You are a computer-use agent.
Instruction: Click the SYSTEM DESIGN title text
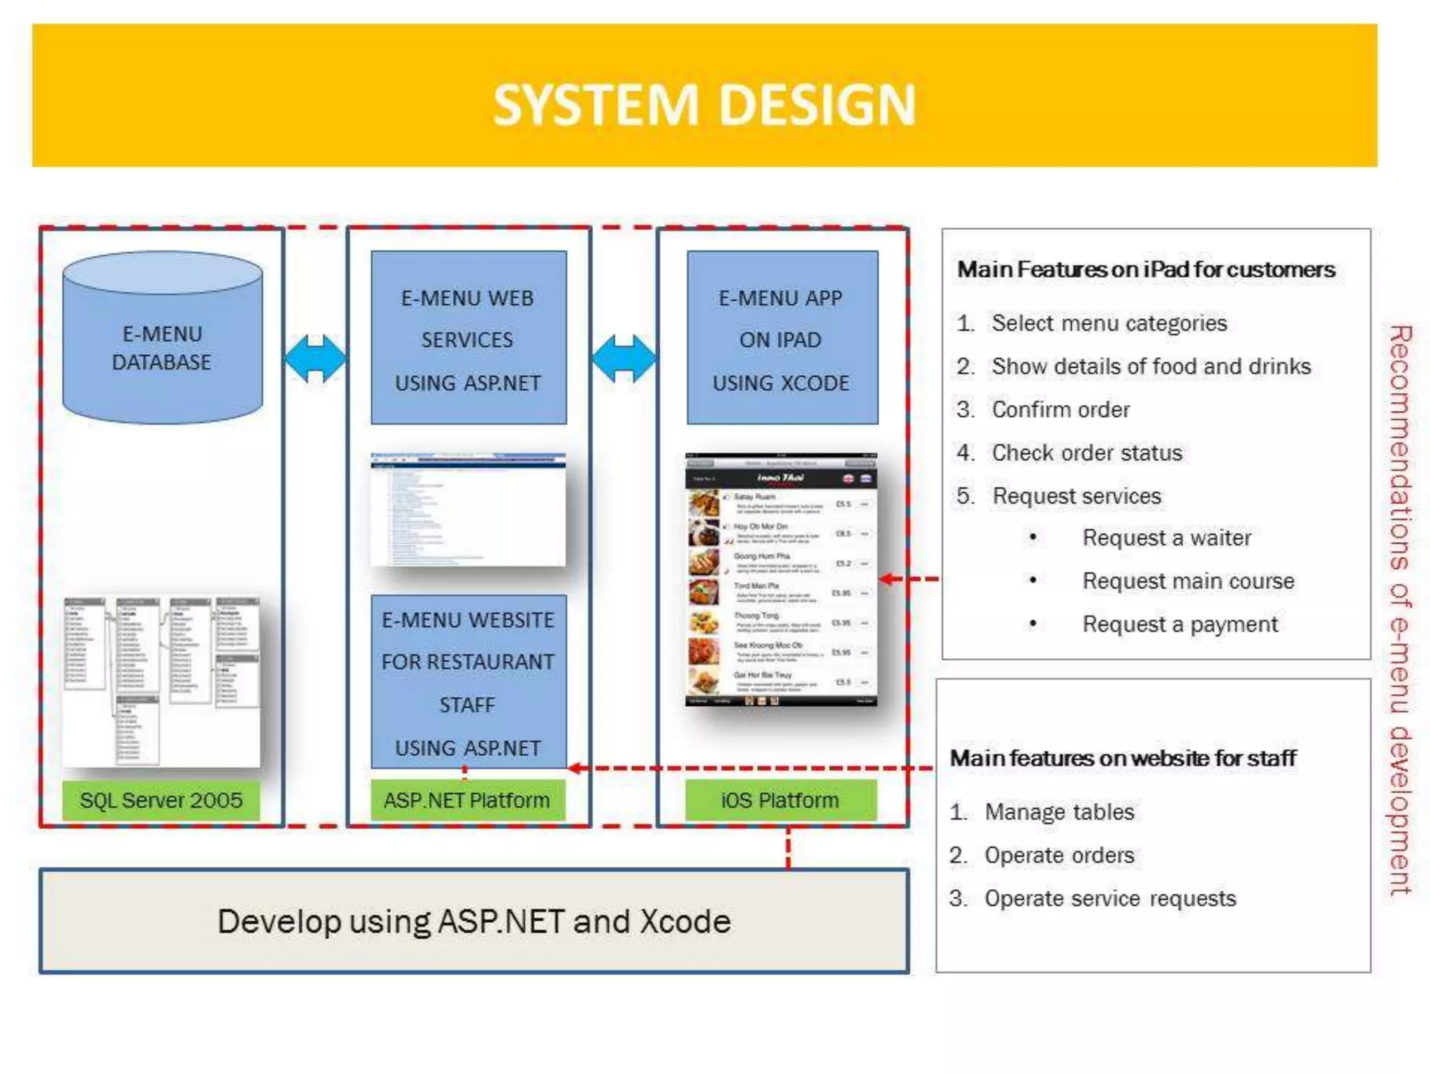(704, 105)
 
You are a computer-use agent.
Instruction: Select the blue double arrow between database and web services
(315, 358)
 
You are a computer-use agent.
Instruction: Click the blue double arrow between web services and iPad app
(624, 358)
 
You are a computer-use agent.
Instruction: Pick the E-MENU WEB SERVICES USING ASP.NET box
(469, 338)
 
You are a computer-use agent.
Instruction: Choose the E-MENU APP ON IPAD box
(782, 338)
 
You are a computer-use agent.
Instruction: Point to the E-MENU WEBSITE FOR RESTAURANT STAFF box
(469, 682)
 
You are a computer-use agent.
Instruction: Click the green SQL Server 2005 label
(161, 801)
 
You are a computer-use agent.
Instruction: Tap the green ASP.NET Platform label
(467, 801)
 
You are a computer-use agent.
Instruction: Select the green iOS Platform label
(780, 801)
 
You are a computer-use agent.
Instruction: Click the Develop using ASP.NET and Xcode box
(474, 921)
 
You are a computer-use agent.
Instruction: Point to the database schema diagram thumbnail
(161, 681)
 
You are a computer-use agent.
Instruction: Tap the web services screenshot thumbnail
(469, 509)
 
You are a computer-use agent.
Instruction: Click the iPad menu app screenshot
(781, 580)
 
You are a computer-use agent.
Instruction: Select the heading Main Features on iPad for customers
(1146, 270)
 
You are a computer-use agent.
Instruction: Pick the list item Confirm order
(1060, 409)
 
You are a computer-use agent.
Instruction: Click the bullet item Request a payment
(1180, 624)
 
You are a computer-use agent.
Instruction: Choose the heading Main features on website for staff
(1123, 758)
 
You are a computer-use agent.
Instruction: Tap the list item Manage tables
(1059, 812)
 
